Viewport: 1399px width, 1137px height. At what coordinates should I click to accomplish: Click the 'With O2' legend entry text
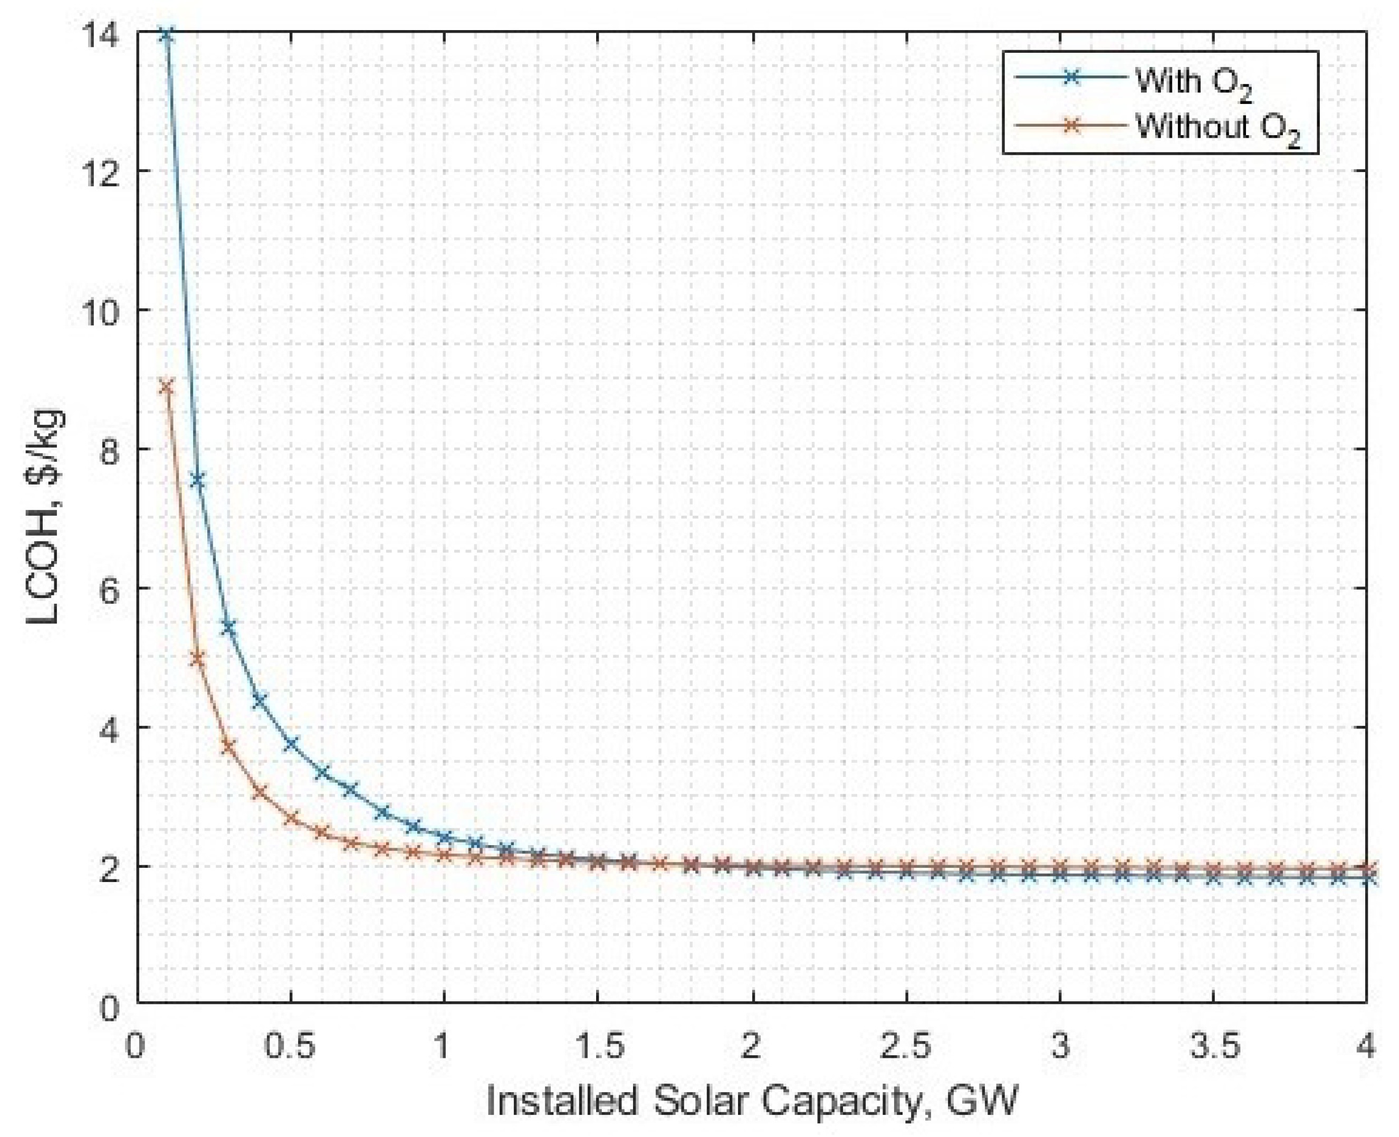[1193, 82]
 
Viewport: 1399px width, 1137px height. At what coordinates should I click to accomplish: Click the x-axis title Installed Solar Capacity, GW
[752, 1101]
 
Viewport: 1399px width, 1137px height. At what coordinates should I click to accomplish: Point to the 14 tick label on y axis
[106, 33]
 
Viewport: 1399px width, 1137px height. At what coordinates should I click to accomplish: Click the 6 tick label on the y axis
[111, 588]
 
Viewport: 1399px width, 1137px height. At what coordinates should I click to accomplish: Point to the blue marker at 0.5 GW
[291, 743]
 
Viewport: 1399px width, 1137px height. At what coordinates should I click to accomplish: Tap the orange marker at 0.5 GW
[291, 819]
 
